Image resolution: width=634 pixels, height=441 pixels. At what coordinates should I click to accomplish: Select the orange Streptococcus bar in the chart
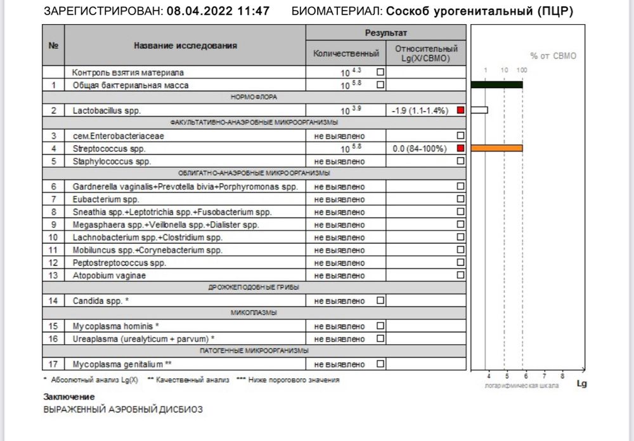pyautogui.click(x=497, y=148)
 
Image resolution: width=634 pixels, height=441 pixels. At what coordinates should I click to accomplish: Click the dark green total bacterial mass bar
pyautogui.click(x=497, y=85)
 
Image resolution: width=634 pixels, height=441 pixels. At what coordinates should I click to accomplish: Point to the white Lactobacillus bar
pyautogui.click(x=479, y=110)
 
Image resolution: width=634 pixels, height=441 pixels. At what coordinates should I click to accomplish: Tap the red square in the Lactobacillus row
pyautogui.click(x=460, y=110)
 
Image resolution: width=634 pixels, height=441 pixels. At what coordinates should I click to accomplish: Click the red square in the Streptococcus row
pyautogui.click(x=460, y=148)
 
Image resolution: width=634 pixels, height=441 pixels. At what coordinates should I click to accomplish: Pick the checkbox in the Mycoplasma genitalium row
pyautogui.click(x=380, y=364)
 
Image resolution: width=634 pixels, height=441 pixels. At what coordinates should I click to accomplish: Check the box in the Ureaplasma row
pyautogui.click(x=380, y=338)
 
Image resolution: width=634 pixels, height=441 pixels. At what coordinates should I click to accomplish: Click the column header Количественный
pyautogui.click(x=346, y=54)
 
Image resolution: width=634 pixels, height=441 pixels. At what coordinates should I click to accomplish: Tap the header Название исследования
pyautogui.click(x=185, y=46)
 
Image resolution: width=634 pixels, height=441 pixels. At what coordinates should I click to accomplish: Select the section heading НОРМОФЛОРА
pyautogui.click(x=254, y=98)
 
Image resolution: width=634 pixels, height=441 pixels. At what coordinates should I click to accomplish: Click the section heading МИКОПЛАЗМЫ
pyautogui.click(x=254, y=313)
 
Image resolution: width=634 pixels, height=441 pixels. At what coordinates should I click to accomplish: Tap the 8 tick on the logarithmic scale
pyautogui.click(x=562, y=375)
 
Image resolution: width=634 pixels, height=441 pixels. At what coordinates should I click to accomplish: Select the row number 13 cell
pyautogui.click(x=54, y=275)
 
